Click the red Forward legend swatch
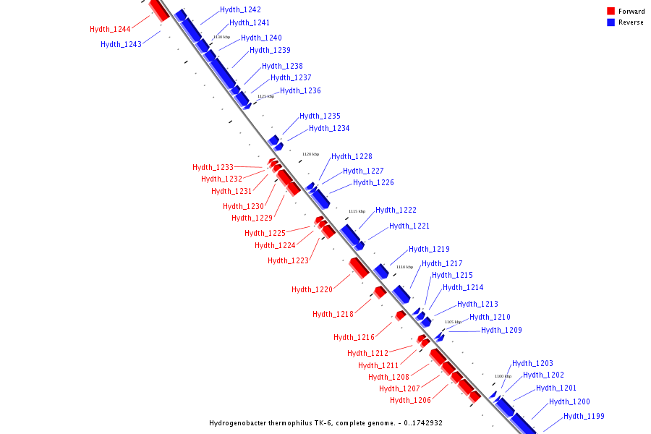611,11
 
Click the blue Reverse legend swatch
611,22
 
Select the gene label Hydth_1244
110,30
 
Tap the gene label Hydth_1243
121,45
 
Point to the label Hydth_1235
320,116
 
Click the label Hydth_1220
312,290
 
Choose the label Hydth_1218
333,315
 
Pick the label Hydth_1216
354,338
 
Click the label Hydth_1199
584,417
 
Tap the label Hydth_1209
501,331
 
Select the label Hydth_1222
396,210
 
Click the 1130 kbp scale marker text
221,37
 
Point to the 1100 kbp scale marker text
503,376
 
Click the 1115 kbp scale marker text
357,211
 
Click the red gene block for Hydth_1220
359,268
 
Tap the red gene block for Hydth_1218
380,292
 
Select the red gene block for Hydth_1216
400,315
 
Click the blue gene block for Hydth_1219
381,271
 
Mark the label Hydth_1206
410,401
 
